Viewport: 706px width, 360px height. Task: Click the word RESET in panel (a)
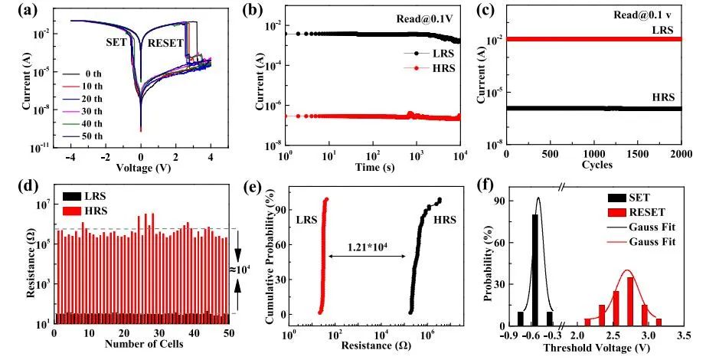pos(165,43)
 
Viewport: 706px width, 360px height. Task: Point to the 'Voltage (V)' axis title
pos(141,167)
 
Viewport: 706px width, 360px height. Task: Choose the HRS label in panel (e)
pos(446,220)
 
